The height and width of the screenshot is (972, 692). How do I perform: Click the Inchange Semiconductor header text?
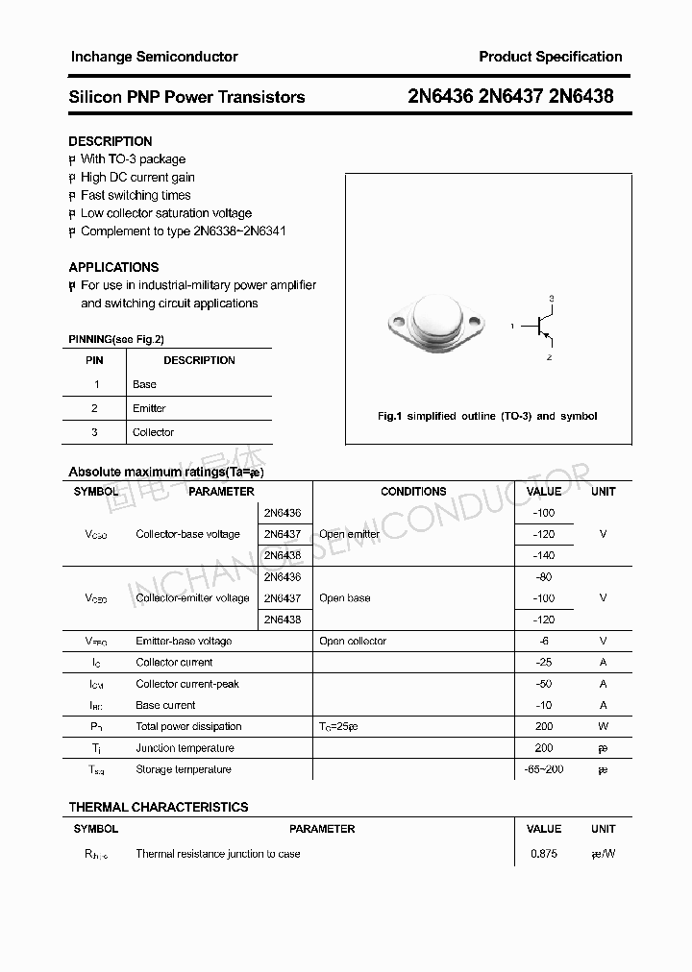tap(154, 57)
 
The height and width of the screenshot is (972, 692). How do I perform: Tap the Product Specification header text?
tap(550, 57)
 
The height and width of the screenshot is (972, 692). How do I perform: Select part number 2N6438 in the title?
tap(581, 96)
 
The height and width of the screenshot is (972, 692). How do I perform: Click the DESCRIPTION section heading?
tap(111, 141)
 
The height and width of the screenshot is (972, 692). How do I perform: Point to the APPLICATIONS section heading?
tap(113, 267)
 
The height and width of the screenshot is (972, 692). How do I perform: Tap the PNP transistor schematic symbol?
tap(545, 327)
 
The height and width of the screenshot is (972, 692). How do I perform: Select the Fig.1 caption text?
tap(487, 416)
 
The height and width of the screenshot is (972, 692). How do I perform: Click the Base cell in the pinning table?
tap(144, 384)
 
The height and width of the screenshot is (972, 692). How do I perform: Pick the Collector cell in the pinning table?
tap(153, 432)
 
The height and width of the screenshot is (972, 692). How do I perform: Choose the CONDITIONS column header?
tap(413, 492)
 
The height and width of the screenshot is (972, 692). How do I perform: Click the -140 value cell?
tap(543, 555)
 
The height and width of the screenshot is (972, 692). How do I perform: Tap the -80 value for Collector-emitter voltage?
tap(543, 577)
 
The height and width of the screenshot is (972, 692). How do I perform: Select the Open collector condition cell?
tap(353, 641)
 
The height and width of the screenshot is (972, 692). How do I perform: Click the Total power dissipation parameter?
tap(188, 726)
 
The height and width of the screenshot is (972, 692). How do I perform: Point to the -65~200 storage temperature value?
tap(543, 769)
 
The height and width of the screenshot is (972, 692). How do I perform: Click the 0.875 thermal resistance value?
tap(543, 854)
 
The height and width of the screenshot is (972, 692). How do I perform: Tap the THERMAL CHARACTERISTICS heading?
tap(159, 807)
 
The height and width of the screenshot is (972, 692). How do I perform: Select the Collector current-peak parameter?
tap(187, 684)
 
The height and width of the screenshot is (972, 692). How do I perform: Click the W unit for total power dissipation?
tap(603, 726)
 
